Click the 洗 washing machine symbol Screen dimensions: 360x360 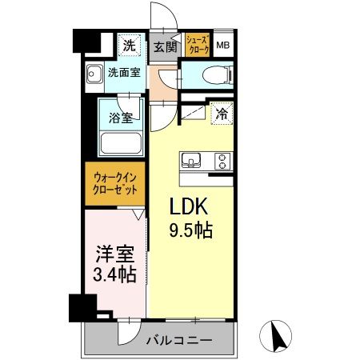129,46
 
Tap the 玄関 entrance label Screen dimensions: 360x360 165,46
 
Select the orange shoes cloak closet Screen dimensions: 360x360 198,45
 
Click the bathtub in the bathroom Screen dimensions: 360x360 120,144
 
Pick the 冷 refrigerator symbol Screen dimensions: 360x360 222,114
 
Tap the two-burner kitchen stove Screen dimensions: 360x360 219,160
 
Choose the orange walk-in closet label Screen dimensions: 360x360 114,182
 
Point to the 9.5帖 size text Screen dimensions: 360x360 190,232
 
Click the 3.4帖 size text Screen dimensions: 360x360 114,275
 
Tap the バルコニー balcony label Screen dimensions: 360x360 178,341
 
